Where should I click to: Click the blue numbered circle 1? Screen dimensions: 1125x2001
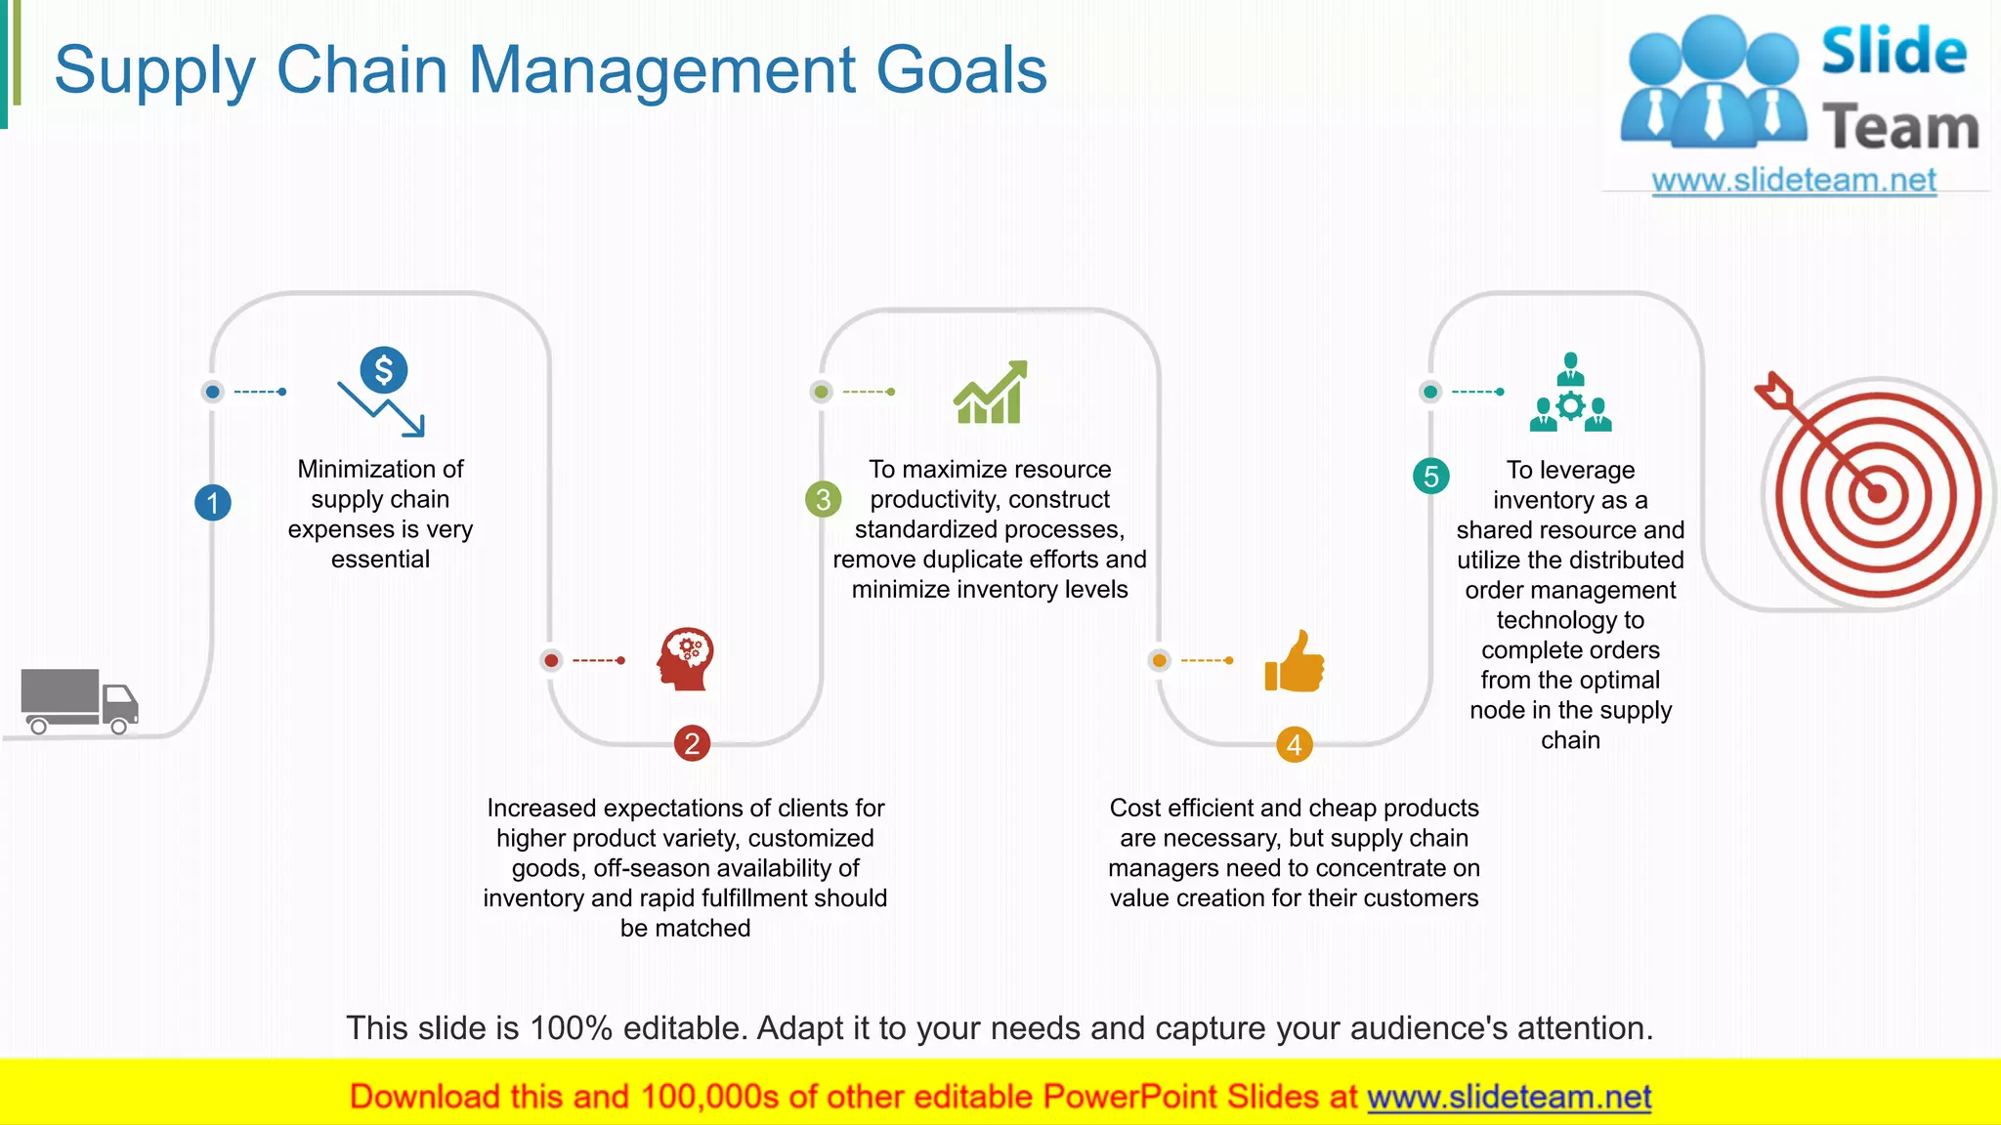tap(213, 503)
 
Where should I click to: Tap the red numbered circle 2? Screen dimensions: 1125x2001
tap(692, 744)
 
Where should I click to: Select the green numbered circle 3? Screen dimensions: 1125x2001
tap(823, 499)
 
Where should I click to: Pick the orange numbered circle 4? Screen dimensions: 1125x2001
tap(1294, 745)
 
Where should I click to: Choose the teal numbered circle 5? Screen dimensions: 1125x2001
tap(1431, 477)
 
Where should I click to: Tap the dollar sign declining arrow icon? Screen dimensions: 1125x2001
tap(382, 392)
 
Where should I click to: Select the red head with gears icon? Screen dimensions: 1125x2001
tap(686, 659)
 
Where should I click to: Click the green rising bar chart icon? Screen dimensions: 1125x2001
tap(991, 392)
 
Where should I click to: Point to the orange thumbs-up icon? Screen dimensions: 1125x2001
tap(1295, 662)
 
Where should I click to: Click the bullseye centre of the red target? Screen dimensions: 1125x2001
tap(1877, 494)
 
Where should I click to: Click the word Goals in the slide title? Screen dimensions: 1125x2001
tap(961, 70)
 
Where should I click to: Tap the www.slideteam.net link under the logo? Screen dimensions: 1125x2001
tap(1794, 181)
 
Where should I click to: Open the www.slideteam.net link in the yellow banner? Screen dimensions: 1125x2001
tap(1509, 1097)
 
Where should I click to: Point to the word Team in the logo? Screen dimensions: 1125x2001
tap(1900, 128)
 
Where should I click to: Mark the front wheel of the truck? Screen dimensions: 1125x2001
tap(119, 726)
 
